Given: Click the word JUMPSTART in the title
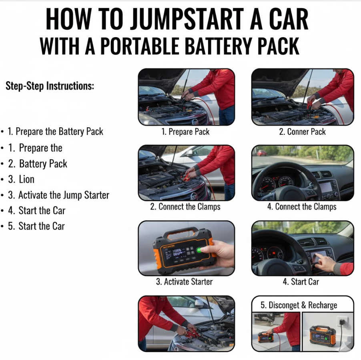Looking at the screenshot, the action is (x=187, y=19).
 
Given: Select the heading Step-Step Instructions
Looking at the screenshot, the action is (x=50, y=86).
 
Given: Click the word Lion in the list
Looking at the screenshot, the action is (x=26, y=179).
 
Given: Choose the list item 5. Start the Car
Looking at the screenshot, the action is (x=36, y=226).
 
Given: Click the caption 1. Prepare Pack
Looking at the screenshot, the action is (x=185, y=132).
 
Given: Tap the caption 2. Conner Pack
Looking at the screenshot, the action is (x=302, y=132).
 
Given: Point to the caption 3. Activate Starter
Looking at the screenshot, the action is (x=184, y=282).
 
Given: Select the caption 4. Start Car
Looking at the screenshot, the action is (x=301, y=282).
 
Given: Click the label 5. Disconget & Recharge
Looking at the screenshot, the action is (x=299, y=305).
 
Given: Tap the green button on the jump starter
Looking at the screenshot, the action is (x=199, y=250).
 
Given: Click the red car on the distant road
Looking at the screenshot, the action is (x=262, y=152).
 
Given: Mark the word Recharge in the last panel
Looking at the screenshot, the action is (x=323, y=305).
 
